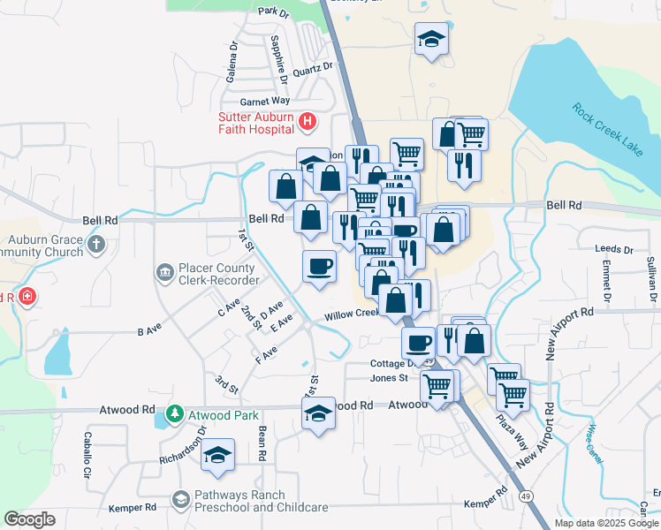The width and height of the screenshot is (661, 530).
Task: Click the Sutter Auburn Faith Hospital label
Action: pyautogui.click(x=256, y=123)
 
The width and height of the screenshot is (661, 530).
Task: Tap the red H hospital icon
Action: pyautogui.click(x=308, y=122)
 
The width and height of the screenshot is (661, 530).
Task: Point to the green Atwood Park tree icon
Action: pyautogui.click(x=175, y=413)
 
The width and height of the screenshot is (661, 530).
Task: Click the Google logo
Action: pyautogui.click(x=30, y=519)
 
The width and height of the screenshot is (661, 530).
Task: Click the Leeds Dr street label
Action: pyautogui.click(x=615, y=250)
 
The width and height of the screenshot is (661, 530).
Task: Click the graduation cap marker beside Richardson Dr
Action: pyautogui.click(x=217, y=455)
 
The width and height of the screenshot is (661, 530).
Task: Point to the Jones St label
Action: pyautogui.click(x=389, y=378)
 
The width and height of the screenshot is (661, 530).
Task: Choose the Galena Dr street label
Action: pyautogui.click(x=232, y=61)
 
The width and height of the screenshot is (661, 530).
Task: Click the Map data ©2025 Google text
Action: pyautogui.click(x=606, y=523)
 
